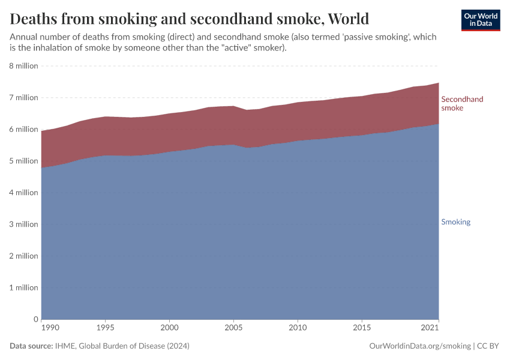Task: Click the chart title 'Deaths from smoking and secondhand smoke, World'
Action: click(x=189, y=19)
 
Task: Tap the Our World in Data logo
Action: click(x=480, y=20)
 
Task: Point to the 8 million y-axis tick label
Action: click(x=24, y=66)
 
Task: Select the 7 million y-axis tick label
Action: click(x=24, y=98)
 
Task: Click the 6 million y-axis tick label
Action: click(x=24, y=129)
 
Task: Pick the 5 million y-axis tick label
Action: click(x=24, y=161)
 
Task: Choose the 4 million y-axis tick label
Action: click(x=24, y=193)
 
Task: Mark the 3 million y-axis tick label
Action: click(x=24, y=224)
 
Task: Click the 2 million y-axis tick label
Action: click(x=24, y=256)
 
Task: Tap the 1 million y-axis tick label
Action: click(x=24, y=287)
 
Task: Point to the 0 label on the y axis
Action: click(x=35, y=319)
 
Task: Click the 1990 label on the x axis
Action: click(x=50, y=328)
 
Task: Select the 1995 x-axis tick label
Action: click(x=105, y=328)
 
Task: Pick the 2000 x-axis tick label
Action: click(x=169, y=328)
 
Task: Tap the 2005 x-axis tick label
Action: click(x=233, y=328)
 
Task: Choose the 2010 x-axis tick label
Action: click(x=298, y=328)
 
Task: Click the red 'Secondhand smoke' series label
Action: click(x=462, y=103)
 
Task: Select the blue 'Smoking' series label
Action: click(x=455, y=222)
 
